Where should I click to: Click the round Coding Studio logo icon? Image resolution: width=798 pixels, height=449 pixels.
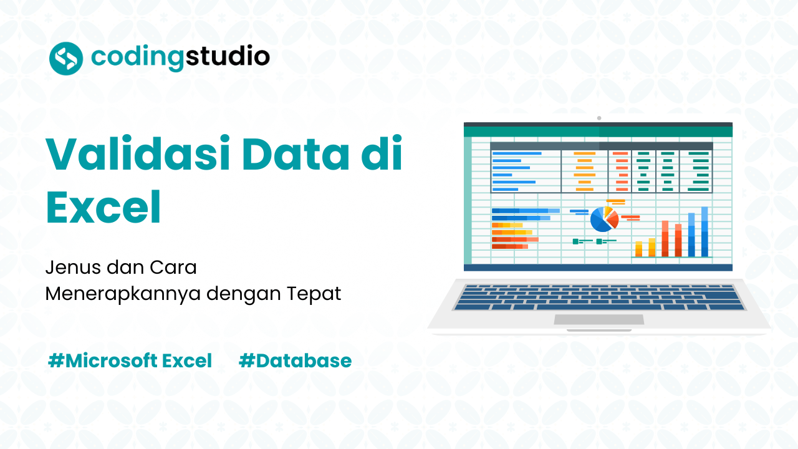pyautogui.click(x=66, y=58)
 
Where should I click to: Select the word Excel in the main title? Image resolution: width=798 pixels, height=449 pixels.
pyautogui.click(x=103, y=208)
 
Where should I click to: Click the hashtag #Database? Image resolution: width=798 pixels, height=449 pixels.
pyautogui.click(x=295, y=360)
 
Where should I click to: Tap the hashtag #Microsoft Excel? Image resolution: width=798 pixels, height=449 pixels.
pyautogui.click(x=130, y=360)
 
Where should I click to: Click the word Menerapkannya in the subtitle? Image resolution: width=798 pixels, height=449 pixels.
pyautogui.click(x=123, y=294)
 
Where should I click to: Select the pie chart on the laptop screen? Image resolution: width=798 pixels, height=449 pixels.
pyautogui.click(x=603, y=219)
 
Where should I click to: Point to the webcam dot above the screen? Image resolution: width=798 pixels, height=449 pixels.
pyautogui.click(x=598, y=118)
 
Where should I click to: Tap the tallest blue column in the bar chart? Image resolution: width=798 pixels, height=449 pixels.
pyautogui.click(x=704, y=231)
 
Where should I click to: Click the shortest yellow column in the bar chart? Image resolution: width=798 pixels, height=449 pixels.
pyautogui.click(x=638, y=249)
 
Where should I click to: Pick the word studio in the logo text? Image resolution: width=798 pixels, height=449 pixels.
pyautogui.click(x=229, y=57)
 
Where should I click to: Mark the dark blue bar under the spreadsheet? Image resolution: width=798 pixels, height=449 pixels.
pyautogui.click(x=598, y=268)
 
